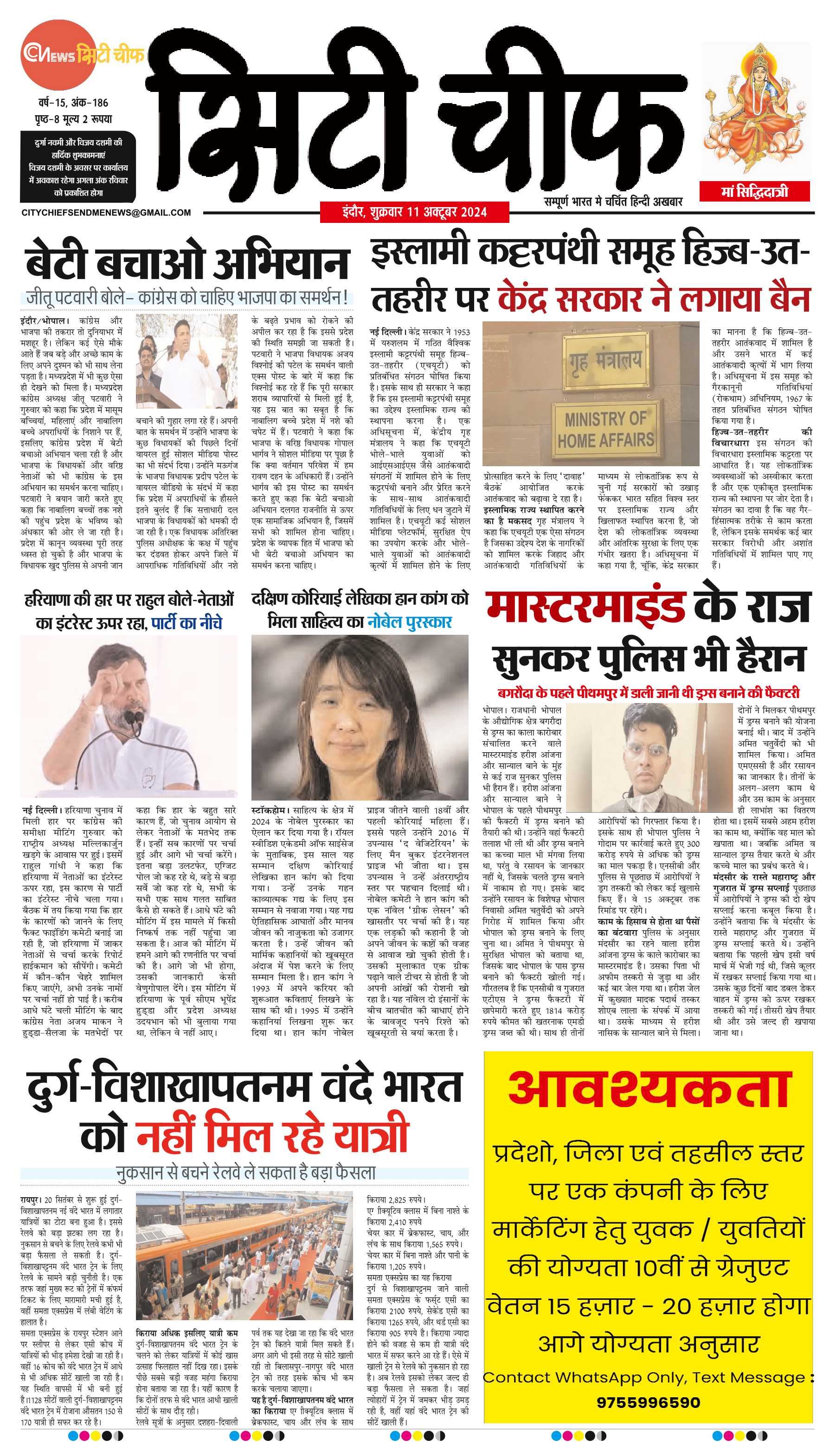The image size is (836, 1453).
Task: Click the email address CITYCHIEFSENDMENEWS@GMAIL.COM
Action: tap(106, 213)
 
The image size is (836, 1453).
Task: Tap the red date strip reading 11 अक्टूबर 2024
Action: tap(414, 212)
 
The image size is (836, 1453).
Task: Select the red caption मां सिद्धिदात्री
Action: tap(754, 191)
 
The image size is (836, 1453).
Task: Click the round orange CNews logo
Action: tap(58, 55)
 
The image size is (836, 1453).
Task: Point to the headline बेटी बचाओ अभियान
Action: tap(187, 262)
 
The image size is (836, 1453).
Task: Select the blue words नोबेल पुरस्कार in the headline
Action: tap(409, 622)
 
